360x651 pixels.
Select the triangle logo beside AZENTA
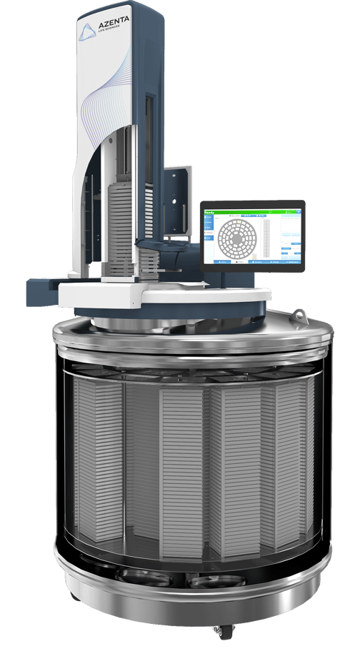click(x=86, y=30)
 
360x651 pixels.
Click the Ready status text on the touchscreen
click(x=210, y=212)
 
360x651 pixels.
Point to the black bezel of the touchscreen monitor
click(x=254, y=203)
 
